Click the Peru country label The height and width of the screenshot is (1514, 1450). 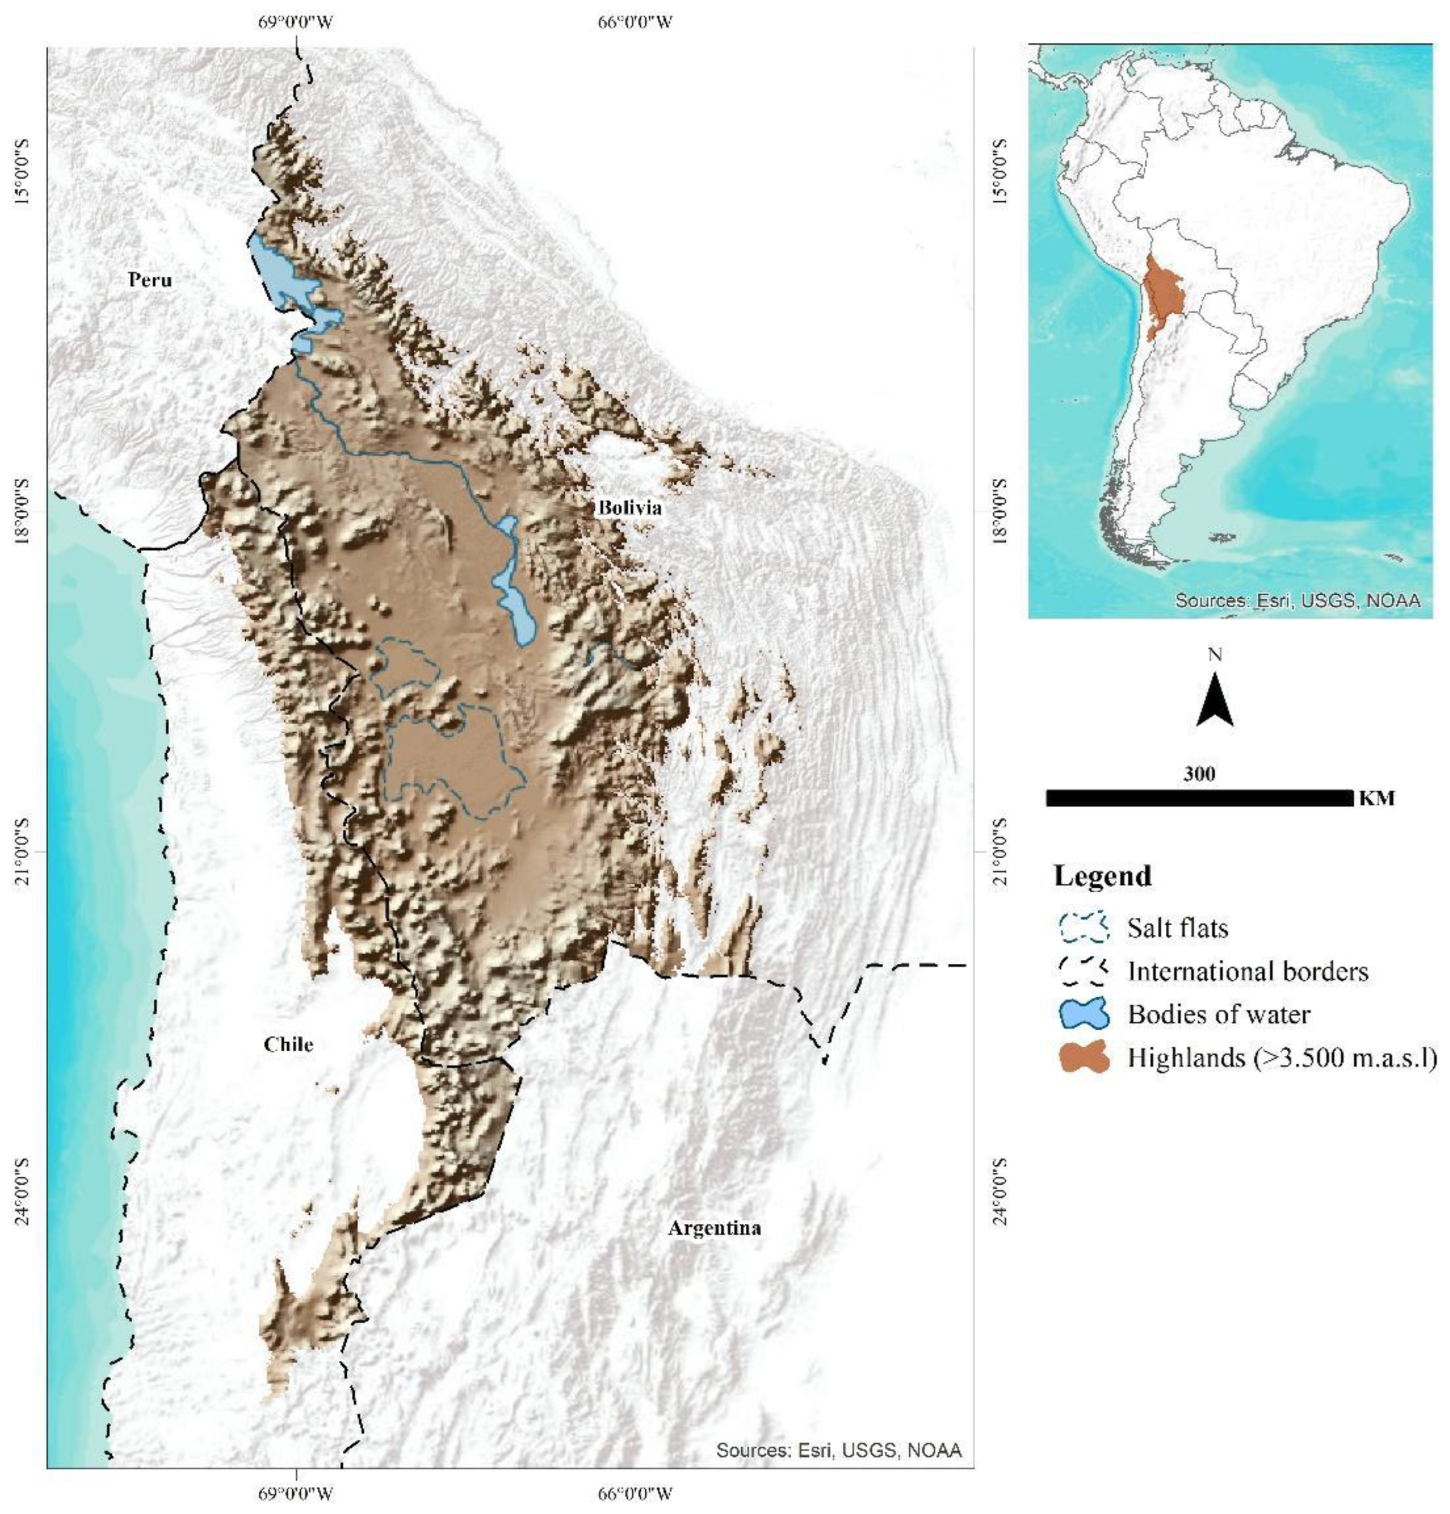click(x=150, y=279)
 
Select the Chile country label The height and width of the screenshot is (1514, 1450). click(x=288, y=1044)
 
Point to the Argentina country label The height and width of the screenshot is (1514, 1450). click(x=713, y=1228)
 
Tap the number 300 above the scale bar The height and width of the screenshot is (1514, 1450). click(x=1198, y=773)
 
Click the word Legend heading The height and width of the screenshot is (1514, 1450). click(x=1103, y=876)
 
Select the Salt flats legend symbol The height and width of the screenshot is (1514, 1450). click(x=1084, y=927)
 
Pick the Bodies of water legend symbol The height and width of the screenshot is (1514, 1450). click(x=1084, y=1013)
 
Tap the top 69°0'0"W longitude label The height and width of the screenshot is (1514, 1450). click(x=295, y=21)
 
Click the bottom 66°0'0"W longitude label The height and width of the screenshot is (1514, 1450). click(x=635, y=1494)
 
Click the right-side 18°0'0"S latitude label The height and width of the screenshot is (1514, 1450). click(x=1000, y=511)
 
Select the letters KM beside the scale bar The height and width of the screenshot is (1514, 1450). click(x=1376, y=798)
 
